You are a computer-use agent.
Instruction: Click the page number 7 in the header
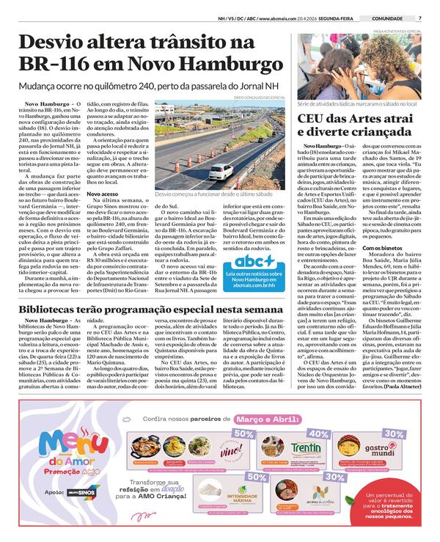coord(419,18)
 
